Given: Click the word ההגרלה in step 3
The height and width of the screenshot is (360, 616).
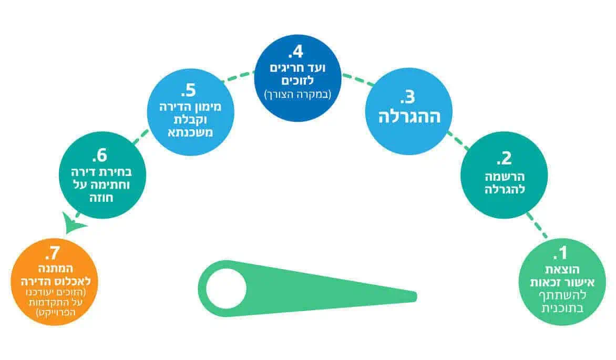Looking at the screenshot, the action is tap(409, 117).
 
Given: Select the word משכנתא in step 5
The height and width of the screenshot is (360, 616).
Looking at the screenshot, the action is tap(191, 132).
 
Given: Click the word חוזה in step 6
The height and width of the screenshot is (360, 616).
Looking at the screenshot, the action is tap(101, 197).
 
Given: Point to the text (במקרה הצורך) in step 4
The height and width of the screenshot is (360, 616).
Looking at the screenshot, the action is tap(298, 94).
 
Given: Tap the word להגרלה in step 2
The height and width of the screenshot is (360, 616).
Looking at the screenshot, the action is tap(505, 189).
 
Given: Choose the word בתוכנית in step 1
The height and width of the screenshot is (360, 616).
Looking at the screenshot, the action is tap(562, 308).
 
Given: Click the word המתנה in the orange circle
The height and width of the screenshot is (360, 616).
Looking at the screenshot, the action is tap(55, 269).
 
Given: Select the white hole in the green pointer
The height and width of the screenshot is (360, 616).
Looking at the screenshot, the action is tap(226, 289).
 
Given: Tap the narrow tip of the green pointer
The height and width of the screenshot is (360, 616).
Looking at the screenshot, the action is tap(416, 297).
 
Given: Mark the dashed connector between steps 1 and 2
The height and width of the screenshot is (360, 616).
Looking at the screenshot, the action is tap(537, 225).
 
